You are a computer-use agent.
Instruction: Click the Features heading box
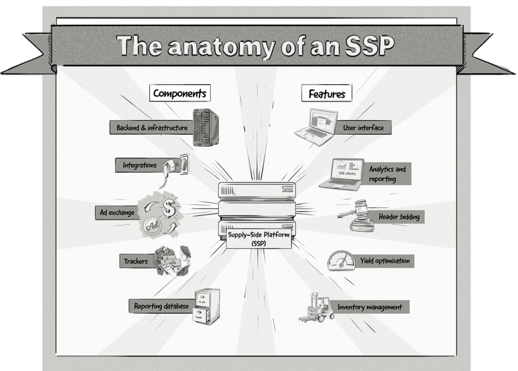pos(327,93)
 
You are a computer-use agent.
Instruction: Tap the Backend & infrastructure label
pos(152,128)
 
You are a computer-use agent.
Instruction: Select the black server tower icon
pos(205,127)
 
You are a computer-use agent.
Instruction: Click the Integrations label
pos(139,165)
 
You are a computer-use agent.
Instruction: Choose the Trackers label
pos(136,261)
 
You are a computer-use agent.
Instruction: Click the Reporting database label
pos(161,306)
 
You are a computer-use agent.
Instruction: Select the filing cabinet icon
pos(206,306)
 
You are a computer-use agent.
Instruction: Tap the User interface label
pos(363,128)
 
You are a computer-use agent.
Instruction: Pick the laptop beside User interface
pos(316,126)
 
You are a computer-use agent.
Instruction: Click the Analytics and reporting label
pos(387,174)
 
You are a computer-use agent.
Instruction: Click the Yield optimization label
pos(384,261)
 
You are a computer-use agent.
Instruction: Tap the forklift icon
pos(317,307)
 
